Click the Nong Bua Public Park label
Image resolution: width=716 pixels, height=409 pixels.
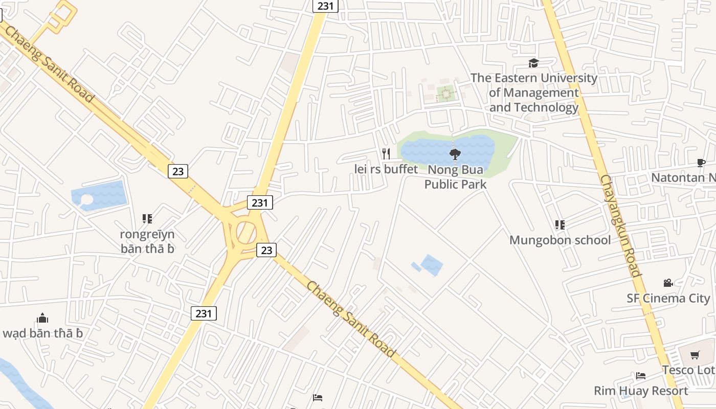[x=455, y=176]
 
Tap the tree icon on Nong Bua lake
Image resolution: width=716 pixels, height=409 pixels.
[x=454, y=154]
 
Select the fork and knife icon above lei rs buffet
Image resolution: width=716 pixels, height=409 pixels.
[x=386, y=153]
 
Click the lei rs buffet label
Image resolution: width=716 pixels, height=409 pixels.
[x=386, y=169]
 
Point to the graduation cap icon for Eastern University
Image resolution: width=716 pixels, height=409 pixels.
[x=533, y=63]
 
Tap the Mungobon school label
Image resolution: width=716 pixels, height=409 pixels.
[x=560, y=240]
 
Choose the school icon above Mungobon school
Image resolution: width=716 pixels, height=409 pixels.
[x=560, y=224]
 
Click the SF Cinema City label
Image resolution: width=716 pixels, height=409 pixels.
[x=668, y=298]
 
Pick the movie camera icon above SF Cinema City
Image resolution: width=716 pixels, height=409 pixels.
[x=668, y=283]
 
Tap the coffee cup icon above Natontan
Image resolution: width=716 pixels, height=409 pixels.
[x=701, y=163]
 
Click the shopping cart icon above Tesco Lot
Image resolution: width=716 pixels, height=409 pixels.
[x=695, y=355]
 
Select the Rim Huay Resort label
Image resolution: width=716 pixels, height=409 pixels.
[x=641, y=391]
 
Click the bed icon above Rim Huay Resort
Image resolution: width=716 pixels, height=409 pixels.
[x=641, y=376]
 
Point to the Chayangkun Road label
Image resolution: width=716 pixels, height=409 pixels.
[x=620, y=225]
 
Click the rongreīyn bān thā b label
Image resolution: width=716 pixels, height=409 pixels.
[x=147, y=241]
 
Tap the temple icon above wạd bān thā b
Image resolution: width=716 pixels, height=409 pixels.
[x=42, y=318]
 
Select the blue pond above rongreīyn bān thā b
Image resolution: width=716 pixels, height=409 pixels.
[x=100, y=195]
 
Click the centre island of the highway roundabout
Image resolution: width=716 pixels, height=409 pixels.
[x=247, y=233]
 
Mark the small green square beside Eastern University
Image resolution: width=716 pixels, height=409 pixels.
[x=445, y=94]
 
